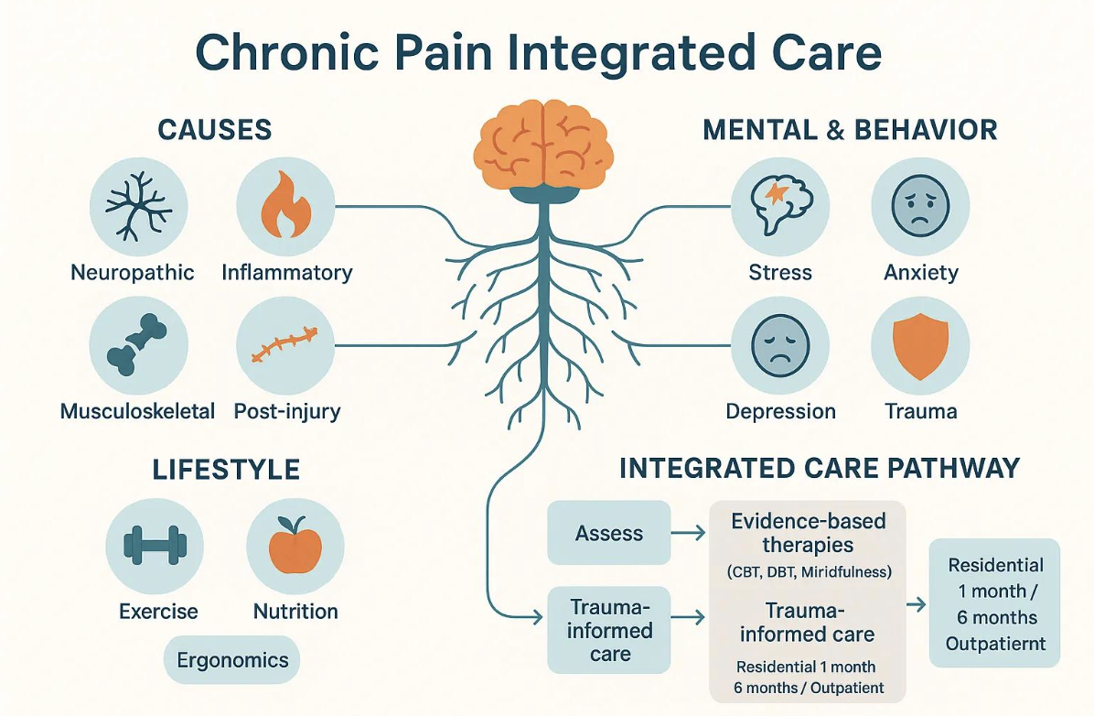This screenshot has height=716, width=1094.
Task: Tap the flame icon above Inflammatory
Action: pos(284,205)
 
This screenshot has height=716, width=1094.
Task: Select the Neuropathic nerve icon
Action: pos(138,205)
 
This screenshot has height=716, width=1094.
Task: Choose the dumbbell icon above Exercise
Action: pos(155,547)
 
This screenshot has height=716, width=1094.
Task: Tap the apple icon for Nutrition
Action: pos(295,547)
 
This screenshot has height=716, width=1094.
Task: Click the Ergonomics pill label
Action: pos(232,660)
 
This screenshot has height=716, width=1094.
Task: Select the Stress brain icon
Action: pos(780,205)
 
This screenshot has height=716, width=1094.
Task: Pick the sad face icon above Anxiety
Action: pos(919,205)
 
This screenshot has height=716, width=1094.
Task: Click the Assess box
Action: pos(609,533)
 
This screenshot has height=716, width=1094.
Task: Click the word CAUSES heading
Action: pos(215,130)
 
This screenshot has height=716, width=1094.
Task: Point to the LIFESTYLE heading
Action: pos(225,471)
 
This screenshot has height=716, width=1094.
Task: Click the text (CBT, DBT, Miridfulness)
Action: pos(809,573)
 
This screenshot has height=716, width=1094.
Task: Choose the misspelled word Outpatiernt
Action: pos(996,643)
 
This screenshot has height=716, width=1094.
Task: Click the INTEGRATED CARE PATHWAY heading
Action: pos(819,469)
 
